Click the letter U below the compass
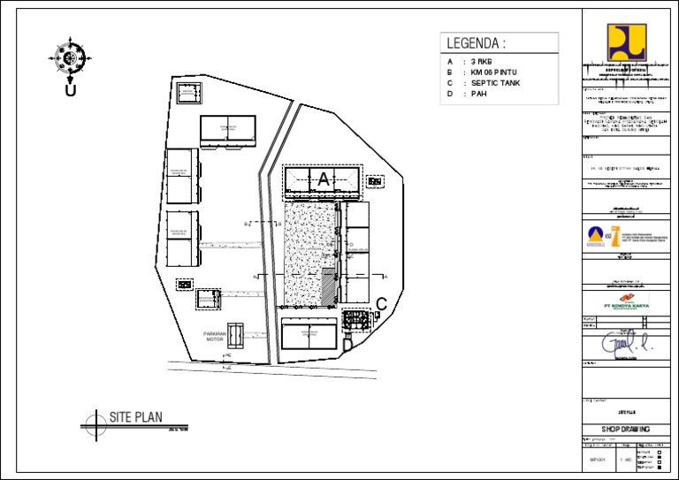(69, 90)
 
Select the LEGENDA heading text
(476, 43)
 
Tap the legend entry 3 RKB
(480, 61)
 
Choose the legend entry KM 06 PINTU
(492, 72)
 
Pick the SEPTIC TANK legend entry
(495, 82)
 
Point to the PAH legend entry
(478, 94)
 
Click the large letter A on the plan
(323, 179)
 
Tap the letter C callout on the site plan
(381, 304)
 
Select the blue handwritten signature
(623, 342)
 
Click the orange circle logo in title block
(597, 235)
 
